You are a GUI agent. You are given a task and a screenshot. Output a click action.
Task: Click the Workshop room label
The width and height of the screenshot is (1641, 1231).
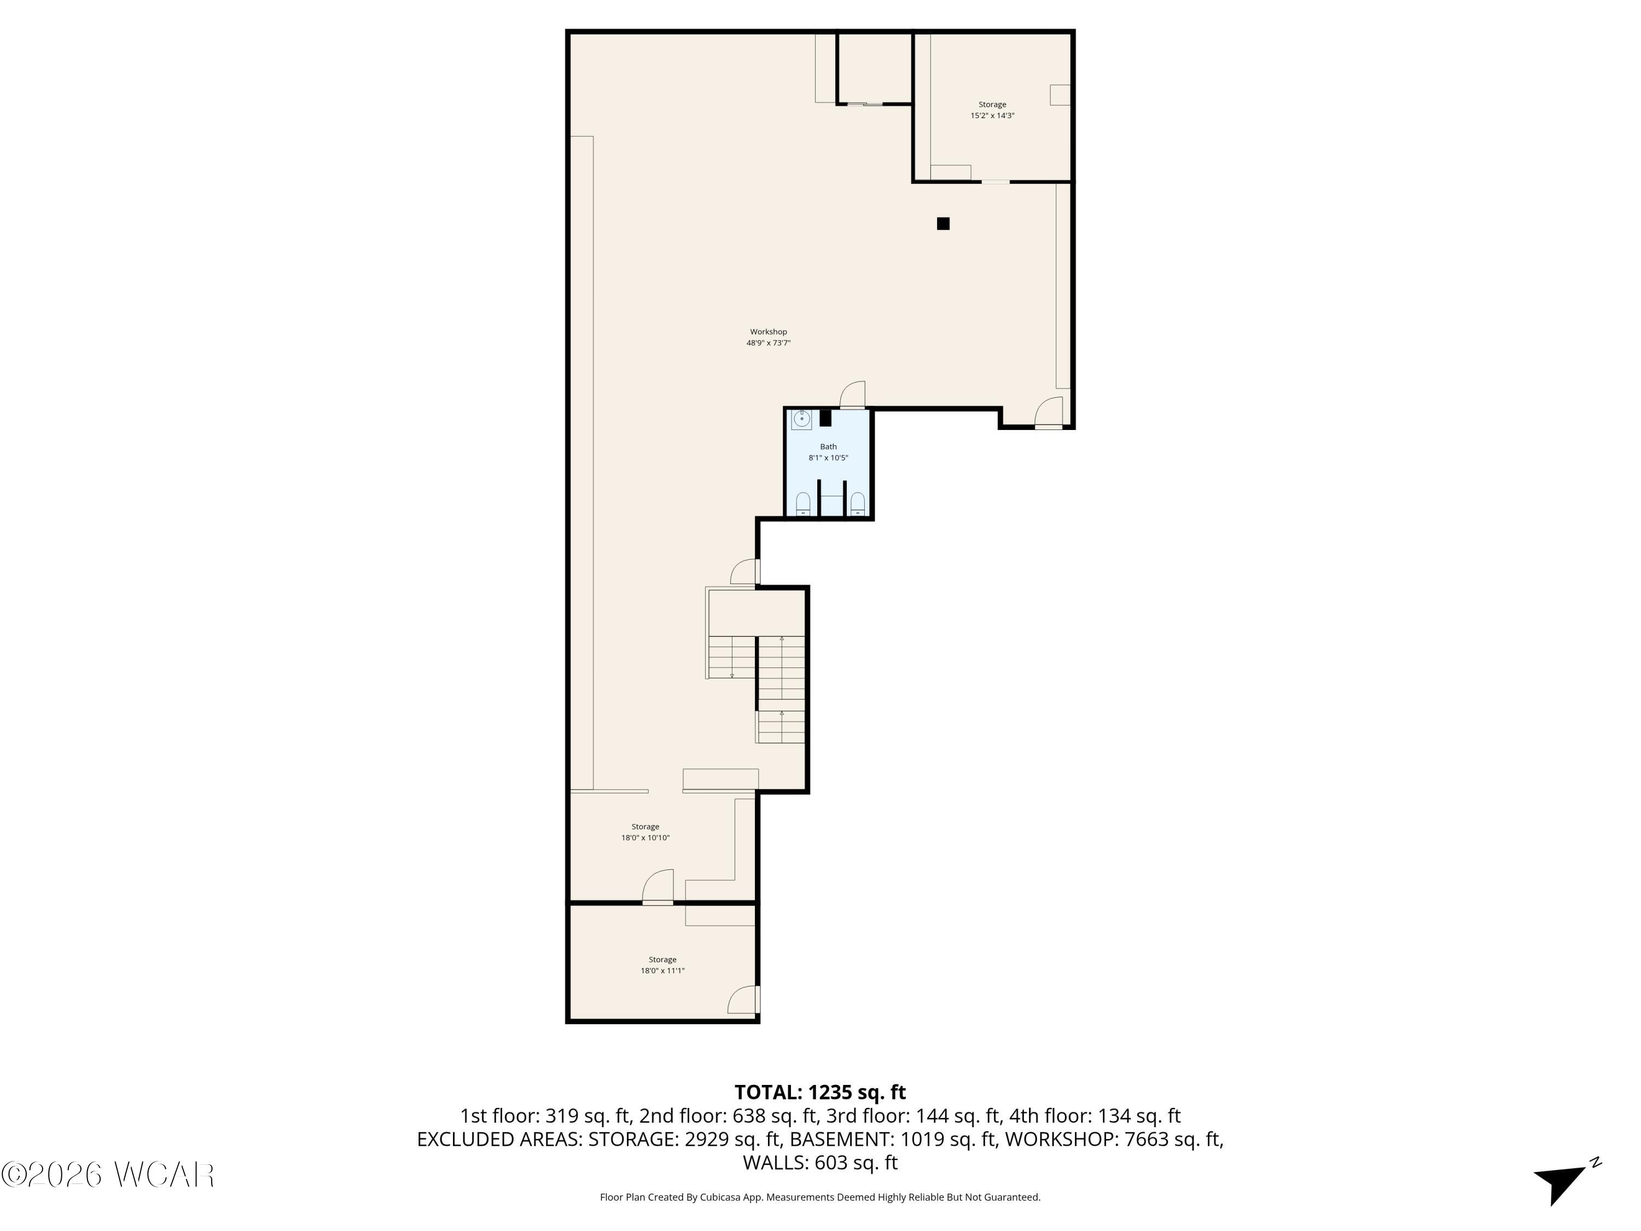pyautogui.click(x=768, y=332)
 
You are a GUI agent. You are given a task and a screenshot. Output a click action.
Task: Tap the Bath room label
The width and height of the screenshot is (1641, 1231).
pyautogui.click(x=828, y=446)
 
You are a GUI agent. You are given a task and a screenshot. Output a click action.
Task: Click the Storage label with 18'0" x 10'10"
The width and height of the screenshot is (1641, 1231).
pyautogui.click(x=645, y=827)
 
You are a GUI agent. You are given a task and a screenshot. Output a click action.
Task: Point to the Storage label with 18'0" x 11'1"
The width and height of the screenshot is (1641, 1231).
pyautogui.click(x=662, y=960)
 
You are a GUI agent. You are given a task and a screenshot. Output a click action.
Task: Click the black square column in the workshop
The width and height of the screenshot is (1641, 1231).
pyautogui.click(x=943, y=223)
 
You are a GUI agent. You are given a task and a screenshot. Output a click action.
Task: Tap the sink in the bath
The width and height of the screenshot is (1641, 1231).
pyautogui.click(x=802, y=419)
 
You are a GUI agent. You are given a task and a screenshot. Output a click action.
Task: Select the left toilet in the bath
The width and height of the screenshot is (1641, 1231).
pyautogui.click(x=802, y=503)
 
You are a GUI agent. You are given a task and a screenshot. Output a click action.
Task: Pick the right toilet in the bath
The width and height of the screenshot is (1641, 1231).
pyautogui.click(x=858, y=503)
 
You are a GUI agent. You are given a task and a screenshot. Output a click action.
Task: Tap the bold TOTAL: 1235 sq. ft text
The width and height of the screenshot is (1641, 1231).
pyautogui.click(x=820, y=1092)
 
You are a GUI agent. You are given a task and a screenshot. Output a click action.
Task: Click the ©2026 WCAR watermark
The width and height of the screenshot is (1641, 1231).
pyautogui.click(x=108, y=1175)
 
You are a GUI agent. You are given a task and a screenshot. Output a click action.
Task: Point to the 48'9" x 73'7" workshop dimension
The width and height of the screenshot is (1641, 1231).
pyautogui.click(x=768, y=343)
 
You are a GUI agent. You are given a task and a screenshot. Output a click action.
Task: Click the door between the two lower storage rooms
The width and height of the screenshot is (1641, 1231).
pyautogui.click(x=658, y=887)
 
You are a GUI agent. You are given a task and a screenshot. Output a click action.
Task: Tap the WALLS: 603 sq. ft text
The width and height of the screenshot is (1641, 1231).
pyautogui.click(x=820, y=1163)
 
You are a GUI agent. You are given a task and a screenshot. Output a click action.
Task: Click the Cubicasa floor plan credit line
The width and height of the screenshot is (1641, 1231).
pyautogui.click(x=820, y=1197)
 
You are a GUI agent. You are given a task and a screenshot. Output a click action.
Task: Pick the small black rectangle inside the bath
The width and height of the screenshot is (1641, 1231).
pyautogui.click(x=825, y=419)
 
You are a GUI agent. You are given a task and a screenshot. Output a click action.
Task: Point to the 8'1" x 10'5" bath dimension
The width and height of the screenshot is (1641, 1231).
pyautogui.click(x=828, y=458)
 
